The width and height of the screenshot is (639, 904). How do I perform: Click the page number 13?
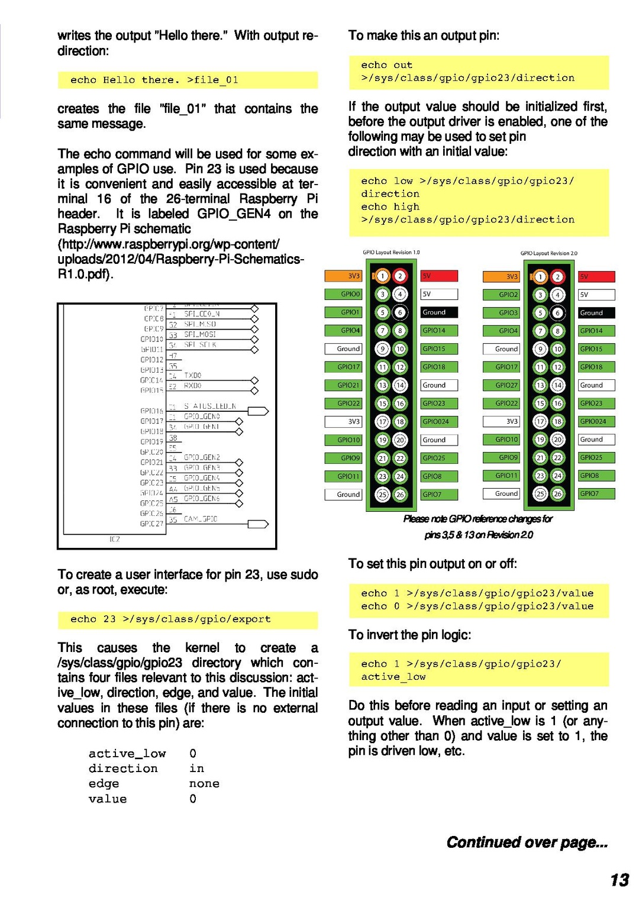619,880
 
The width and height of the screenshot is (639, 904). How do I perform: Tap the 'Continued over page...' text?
527,842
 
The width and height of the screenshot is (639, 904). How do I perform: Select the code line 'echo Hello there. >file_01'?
154,80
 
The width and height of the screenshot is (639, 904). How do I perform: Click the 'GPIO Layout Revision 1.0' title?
391,253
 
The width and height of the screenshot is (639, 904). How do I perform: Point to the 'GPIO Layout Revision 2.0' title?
548,253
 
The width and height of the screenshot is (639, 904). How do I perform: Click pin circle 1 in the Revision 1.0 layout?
383,276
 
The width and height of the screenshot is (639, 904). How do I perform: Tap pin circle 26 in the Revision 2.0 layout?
557,493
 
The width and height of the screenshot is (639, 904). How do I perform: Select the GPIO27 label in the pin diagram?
506,385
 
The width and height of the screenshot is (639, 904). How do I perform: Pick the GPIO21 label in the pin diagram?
348,385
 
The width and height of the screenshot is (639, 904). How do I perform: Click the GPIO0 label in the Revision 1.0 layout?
350,294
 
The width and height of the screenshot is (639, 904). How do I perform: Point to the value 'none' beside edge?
204,783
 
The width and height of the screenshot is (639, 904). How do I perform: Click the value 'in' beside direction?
196,768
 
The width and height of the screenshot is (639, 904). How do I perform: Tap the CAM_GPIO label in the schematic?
201,519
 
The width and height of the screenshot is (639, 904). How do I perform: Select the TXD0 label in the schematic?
193,375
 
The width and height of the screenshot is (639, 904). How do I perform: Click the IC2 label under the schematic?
115,539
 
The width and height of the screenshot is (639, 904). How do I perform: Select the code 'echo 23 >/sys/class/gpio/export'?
170,619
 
